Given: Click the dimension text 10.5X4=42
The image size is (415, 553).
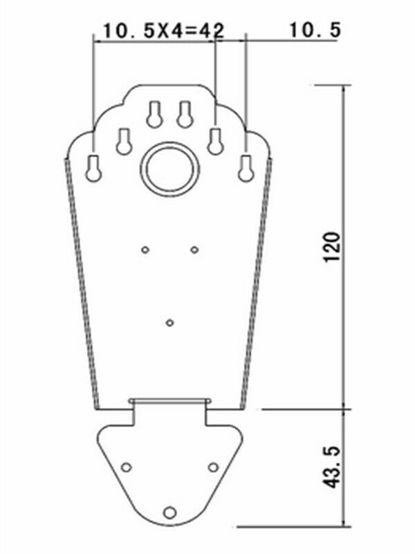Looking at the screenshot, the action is pyautogui.click(x=163, y=30).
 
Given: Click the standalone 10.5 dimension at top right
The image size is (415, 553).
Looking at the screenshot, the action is pyautogui.click(x=315, y=30).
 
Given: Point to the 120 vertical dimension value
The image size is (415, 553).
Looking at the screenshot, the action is pyautogui.click(x=332, y=247).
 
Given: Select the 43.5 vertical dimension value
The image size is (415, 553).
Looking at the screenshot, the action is pyautogui.click(x=332, y=467).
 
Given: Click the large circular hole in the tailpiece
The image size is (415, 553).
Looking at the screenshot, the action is pyautogui.click(x=169, y=169).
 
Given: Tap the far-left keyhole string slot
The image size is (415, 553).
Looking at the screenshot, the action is pyautogui.click(x=93, y=169).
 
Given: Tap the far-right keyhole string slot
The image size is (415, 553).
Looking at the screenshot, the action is pyautogui.click(x=246, y=168).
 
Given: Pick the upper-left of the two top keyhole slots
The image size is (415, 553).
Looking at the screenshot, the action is pyautogui.click(x=154, y=114).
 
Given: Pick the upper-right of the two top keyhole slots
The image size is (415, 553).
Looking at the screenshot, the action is pyautogui.click(x=185, y=114).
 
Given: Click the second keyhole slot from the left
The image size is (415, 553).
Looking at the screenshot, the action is pyautogui.click(x=124, y=141).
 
